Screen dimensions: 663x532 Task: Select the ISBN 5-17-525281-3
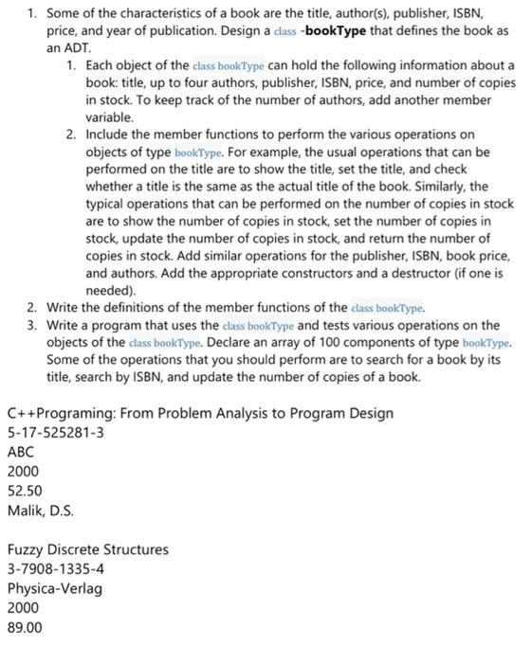55,433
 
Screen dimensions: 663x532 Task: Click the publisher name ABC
20,452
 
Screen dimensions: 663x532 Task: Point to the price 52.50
25,491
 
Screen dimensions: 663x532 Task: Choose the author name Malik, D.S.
40,511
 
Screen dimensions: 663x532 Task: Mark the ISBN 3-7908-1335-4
55,569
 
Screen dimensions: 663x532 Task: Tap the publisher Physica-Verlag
54,588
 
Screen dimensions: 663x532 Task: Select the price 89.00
25,627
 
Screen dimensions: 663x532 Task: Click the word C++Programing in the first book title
58,413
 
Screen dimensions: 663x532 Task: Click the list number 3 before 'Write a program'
31,325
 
